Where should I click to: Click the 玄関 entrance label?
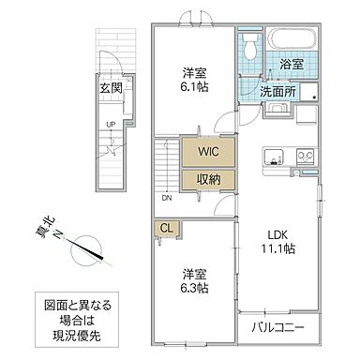(x=112, y=88)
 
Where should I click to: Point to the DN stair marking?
(x=167, y=197)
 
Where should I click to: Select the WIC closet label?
(x=208, y=151)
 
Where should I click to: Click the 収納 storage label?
(x=208, y=179)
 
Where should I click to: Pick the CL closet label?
(x=165, y=228)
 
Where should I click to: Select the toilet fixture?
(x=250, y=50)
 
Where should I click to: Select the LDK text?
(x=277, y=233)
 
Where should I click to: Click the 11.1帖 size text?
(x=277, y=249)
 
